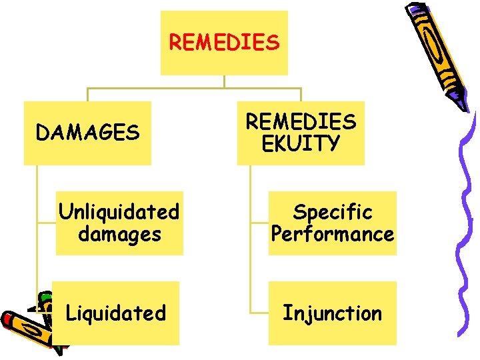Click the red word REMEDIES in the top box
[224, 43]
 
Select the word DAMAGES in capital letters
[87, 133]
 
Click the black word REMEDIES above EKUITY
[301, 122]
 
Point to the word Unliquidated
[119, 212]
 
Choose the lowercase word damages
[119, 235]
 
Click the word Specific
[332, 212]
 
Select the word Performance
[332, 235]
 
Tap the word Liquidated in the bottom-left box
[115, 313]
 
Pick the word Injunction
[332, 313]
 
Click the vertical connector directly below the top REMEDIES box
[224, 81]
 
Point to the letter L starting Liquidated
[70, 313]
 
